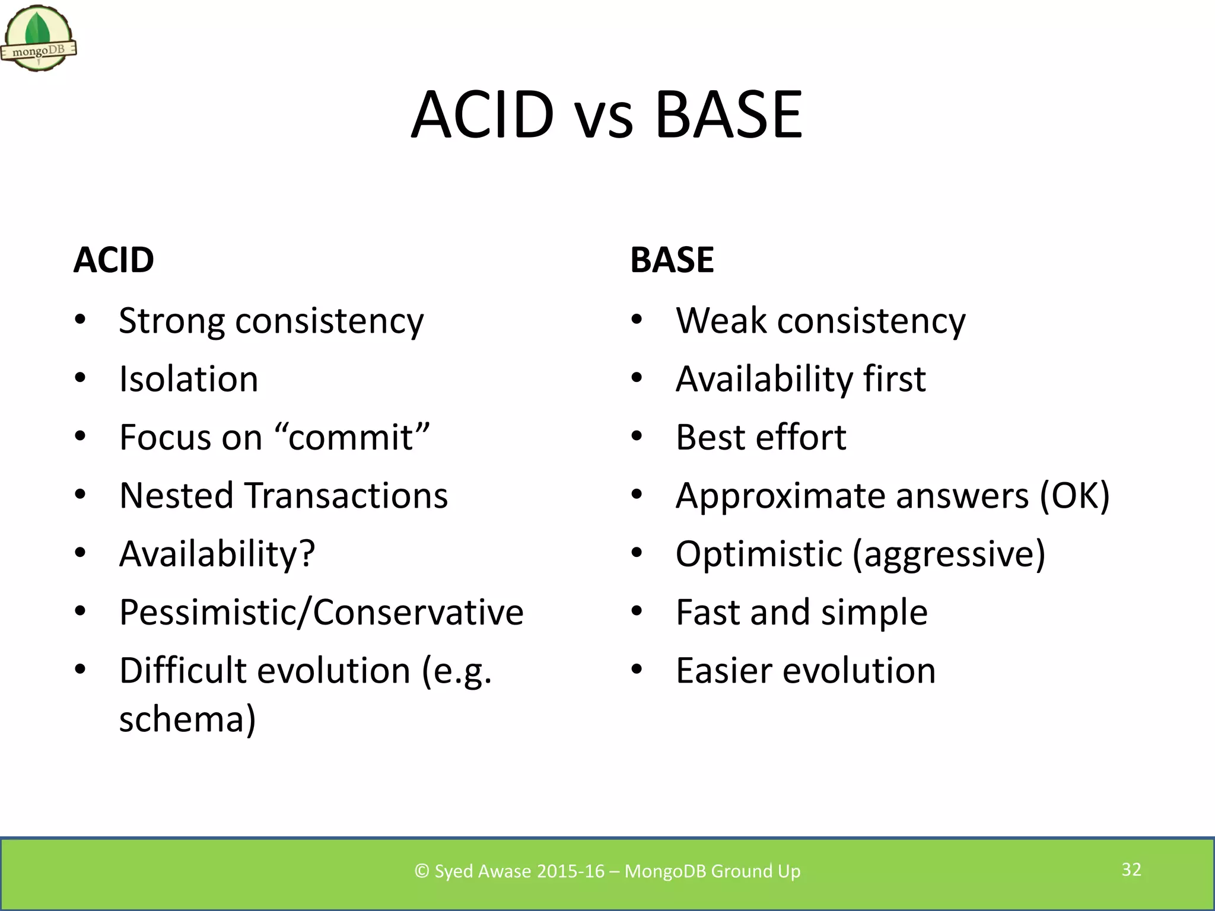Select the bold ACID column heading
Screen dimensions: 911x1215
114,260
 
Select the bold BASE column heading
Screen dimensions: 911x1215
672,260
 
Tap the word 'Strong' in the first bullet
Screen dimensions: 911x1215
171,321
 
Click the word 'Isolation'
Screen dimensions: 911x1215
189,379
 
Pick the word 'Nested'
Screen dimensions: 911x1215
176,495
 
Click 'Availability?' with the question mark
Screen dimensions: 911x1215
217,554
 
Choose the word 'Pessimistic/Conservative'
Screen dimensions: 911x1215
321,612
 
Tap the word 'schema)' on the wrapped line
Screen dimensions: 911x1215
187,719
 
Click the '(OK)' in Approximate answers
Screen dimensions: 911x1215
1074,495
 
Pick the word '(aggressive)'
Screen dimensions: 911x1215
949,554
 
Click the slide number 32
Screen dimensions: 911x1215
1131,869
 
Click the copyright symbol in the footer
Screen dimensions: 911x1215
422,871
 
